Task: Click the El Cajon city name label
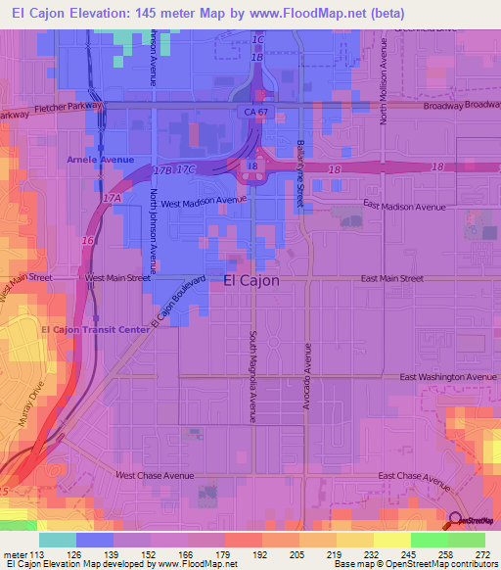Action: (x=251, y=280)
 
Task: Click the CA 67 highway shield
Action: (x=256, y=114)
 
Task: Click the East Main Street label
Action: (x=391, y=279)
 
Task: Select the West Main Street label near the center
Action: (x=117, y=278)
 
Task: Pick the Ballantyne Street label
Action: (x=301, y=172)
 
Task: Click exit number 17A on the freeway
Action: (x=111, y=198)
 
